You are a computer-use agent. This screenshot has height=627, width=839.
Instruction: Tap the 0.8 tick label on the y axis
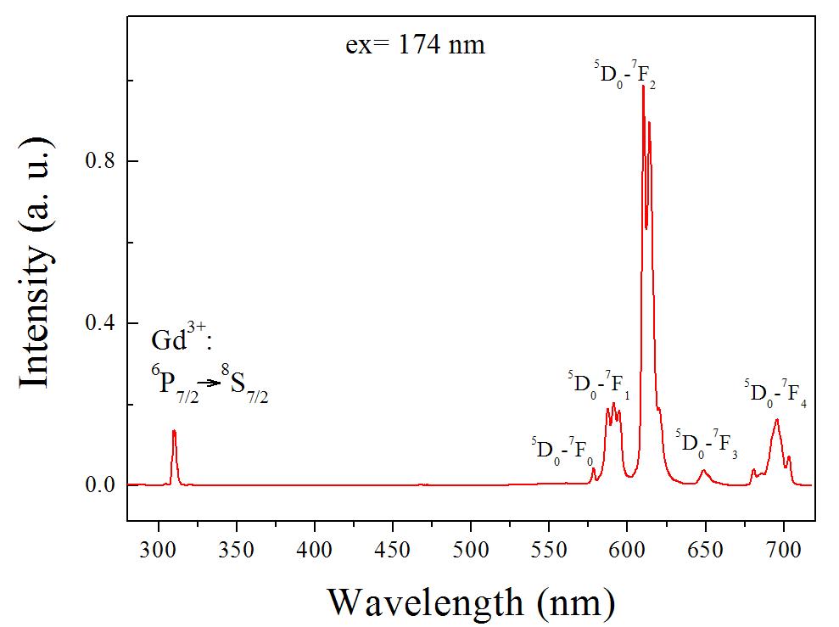tap(103, 161)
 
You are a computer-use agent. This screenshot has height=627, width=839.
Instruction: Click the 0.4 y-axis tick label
tap(103, 324)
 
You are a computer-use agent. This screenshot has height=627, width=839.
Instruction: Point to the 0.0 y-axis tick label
tap(103, 486)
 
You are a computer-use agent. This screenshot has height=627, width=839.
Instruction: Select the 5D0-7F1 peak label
tap(599, 385)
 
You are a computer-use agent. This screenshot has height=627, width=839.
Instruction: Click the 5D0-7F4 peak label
tap(775, 393)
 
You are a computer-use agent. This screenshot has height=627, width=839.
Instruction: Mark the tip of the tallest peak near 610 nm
tap(643, 87)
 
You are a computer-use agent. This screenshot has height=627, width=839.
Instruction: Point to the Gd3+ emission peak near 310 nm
tap(174, 431)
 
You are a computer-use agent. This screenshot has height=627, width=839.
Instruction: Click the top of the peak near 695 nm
tap(776, 419)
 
